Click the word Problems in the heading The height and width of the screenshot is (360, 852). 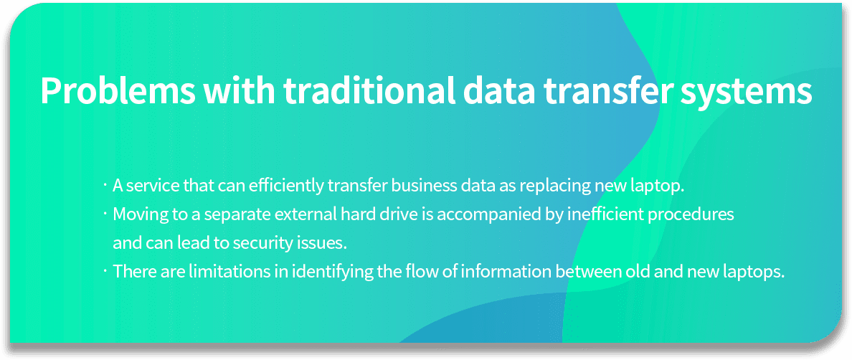[118, 91]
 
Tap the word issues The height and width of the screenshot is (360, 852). [325, 242]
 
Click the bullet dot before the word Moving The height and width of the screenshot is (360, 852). [104, 214]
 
